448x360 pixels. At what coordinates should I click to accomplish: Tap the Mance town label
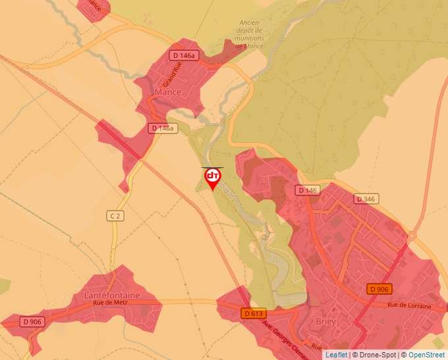167,93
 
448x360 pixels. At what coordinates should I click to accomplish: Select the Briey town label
326,322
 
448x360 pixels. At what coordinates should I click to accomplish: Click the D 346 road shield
366,199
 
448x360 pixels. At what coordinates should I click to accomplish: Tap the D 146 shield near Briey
307,190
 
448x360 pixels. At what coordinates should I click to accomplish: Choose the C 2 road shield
115,215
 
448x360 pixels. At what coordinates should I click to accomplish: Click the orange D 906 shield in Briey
379,289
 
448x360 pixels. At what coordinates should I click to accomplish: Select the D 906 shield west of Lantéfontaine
32,322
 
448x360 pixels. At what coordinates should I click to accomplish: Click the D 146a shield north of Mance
183,55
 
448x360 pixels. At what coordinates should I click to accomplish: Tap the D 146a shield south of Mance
161,128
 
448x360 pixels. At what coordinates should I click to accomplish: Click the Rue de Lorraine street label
408,305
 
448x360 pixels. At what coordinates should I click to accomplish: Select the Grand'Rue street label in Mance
172,76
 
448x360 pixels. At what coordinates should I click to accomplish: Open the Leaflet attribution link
335,355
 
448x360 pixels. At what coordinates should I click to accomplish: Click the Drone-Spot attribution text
375,355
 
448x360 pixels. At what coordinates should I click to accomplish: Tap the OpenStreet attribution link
426,355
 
